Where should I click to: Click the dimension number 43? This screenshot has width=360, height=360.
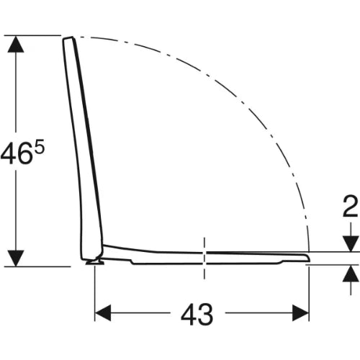pyautogui.click(x=197, y=315)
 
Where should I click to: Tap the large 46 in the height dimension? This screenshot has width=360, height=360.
pyautogui.click(x=17, y=153)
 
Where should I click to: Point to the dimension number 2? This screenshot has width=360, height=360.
pyautogui.click(x=351, y=207)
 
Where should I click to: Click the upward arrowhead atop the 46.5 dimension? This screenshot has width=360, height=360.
pyautogui.click(x=16, y=44)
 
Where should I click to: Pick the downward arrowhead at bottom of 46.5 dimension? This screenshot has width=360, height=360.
pyautogui.click(x=16, y=258)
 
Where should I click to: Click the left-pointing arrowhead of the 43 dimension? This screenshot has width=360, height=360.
pyautogui.click(x=103, y=312)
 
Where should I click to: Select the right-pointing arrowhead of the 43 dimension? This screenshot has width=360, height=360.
pyautogui.click(x=300, y=312)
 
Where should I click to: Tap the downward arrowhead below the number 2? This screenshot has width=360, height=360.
pyautogui.click(x=351, y=243)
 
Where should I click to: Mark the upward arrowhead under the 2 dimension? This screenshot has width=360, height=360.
pyautogui.click(x=351, y=274)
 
